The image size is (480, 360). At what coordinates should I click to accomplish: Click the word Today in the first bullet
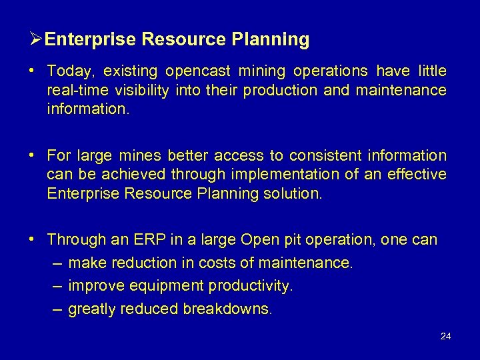[x=69, y=71]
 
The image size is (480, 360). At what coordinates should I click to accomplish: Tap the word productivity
[x=250, y=287]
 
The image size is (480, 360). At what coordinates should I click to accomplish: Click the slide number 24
[x=446, y=337]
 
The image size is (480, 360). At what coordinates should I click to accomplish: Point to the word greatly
[x=91, y=309]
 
